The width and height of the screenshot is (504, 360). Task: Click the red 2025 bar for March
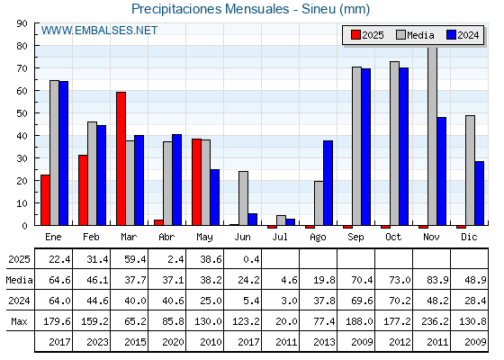click(x=121, y=158)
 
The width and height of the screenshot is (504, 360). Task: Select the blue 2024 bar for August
click(x=328, y=183)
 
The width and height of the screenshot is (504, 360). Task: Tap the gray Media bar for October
click(x=394, y=143)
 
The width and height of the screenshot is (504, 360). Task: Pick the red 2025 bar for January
click(x=45, y=200)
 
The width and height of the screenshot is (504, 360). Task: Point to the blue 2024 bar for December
click(x=479, y=193)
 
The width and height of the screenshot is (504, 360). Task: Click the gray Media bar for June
click(x=243, y=198)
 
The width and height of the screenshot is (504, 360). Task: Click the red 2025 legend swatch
click(x=355, y=35)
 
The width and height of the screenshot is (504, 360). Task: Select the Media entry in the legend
click(x=415, y=35)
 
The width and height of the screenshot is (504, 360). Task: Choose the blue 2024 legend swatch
click(x=451, y=35)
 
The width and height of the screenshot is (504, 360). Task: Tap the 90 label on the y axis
click(x=22, y=23)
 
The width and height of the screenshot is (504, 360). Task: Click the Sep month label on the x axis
click(x=355, y=238)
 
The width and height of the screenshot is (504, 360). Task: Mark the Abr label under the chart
click(x=166, y=238)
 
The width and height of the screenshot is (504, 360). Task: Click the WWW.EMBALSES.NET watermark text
click(x=99, y=31)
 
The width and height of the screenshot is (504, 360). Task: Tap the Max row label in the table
click(x=19, y=321)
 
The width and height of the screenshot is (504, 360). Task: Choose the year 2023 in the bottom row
click(x=97, y=342)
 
